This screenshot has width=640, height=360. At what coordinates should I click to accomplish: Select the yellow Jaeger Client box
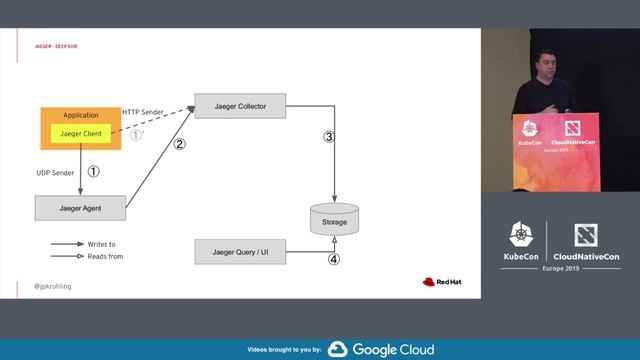[x=80, y=133]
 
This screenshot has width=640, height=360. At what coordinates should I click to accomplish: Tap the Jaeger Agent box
[x=80, y=207]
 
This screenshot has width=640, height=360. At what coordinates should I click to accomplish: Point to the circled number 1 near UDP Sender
[x=94, y=171]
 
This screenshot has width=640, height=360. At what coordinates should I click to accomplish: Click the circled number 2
[x=180, y=144]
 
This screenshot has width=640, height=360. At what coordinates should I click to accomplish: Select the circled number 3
[x=328, y=137]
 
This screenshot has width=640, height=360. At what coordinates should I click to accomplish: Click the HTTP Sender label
[x=144, y=111]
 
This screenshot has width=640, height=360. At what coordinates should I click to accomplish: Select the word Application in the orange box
[x=80, y=115]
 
